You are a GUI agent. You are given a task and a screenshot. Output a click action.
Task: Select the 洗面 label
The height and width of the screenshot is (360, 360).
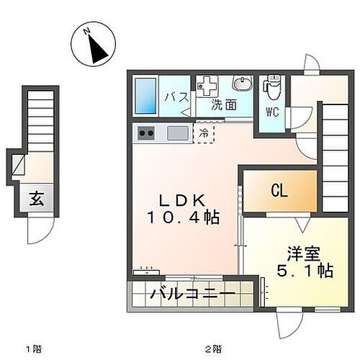click(223, 105)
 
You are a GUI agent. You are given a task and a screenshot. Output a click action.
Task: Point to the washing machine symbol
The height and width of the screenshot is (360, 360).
click(209, 86)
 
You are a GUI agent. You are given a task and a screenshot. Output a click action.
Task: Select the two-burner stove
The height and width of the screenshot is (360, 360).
click(146, 132)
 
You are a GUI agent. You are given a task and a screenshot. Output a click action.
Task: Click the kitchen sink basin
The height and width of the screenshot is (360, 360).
click(177, 132)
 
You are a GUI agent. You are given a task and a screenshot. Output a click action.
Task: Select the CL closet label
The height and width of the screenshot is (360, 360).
click(279, 191)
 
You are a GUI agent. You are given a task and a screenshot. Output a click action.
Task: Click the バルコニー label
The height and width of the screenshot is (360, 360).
click(191, 294)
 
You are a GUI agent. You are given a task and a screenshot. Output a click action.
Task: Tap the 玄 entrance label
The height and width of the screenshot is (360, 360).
click(37, 200)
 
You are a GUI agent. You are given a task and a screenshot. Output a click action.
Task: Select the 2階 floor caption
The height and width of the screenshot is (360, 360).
click(212, 349)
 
